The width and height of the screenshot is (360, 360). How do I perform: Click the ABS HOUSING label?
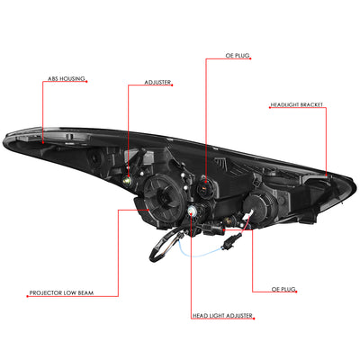67,79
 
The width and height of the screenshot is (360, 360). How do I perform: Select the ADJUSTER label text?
157,82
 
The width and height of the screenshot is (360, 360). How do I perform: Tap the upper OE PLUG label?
238,56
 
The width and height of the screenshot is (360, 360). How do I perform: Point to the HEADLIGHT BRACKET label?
297,105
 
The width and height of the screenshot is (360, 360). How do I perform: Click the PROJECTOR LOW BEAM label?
61,292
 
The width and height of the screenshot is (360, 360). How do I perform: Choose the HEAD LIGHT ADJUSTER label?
222,316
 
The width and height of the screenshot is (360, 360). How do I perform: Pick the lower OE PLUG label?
283,289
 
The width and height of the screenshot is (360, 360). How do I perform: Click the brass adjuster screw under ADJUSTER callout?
127,180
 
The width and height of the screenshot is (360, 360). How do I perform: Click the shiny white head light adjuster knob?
191,211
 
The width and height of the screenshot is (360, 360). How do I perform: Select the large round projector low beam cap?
165,196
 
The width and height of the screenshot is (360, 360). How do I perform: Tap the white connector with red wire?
248,215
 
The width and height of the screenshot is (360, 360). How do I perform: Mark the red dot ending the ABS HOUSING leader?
42,142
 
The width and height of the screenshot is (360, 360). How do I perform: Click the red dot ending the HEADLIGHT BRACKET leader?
327,175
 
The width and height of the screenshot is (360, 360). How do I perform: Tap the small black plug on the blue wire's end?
232,240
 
